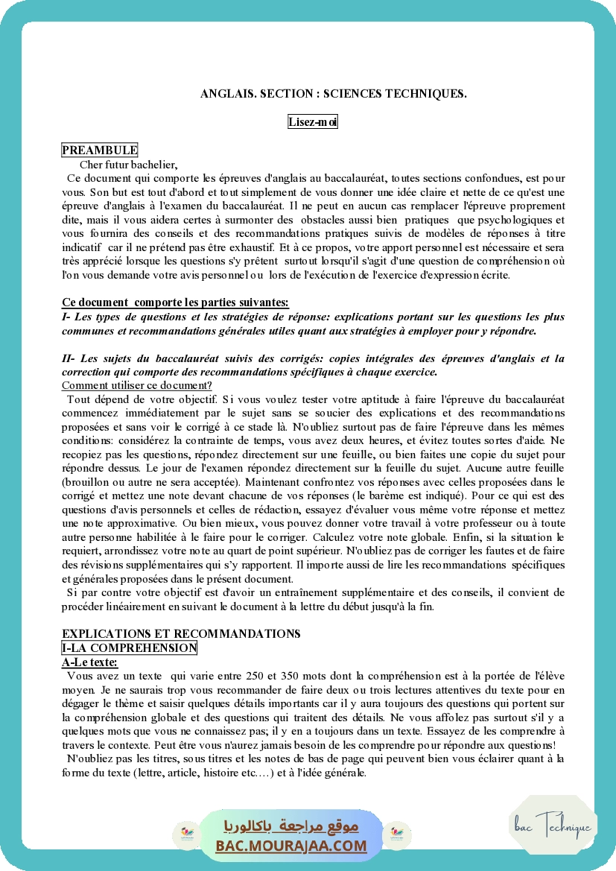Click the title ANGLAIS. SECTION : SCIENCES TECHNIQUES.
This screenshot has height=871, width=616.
tap(333, 94)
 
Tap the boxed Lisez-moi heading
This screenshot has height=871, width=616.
tap(313, 122)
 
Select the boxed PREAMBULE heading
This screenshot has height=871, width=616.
tap(100, 151)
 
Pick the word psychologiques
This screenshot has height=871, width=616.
tap(507, 220)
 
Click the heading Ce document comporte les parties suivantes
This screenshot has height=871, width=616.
tap(174, 302)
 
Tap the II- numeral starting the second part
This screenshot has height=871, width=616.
tap(69, 358)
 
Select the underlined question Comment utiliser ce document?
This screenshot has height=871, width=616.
tap(137, 385)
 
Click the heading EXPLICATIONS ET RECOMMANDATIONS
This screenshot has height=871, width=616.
tap(181, 633)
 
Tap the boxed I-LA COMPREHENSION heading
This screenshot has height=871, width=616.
tap(129, 648)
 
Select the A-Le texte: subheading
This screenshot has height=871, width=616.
tap(89, 662)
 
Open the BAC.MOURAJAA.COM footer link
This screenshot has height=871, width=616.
tap(291, 846)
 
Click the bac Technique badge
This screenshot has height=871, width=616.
tap(553, 827)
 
